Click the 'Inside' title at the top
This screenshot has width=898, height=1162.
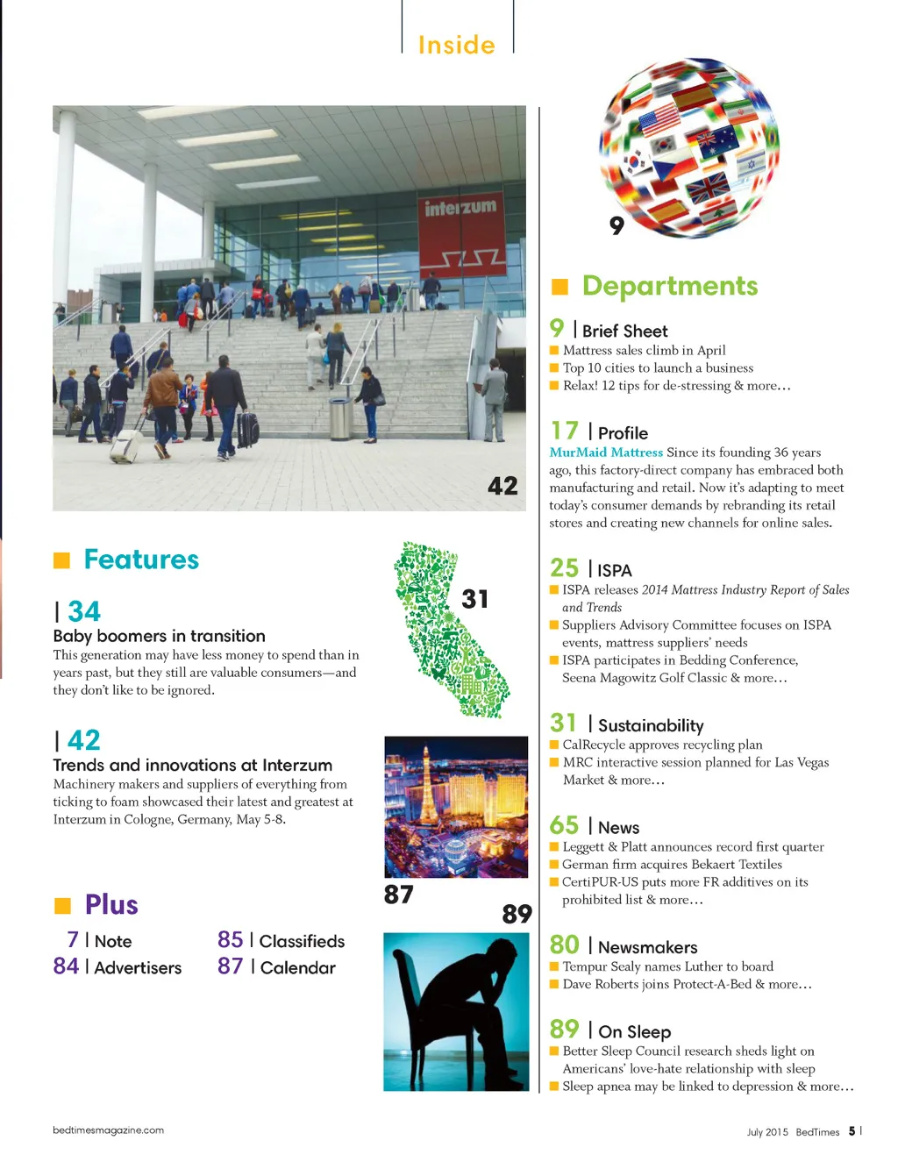pos(456,45)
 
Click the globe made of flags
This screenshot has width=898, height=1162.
pos(689,146)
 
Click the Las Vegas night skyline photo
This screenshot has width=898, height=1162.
pos(456,806)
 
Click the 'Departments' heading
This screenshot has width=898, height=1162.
pos(670,286)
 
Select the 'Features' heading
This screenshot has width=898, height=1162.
pos(141,560)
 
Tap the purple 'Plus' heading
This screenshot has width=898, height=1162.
pos(111,904)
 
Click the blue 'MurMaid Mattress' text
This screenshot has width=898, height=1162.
pos(606,453)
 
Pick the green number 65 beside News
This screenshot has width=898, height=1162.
pos(564,825)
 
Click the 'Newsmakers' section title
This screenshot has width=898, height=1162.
pos(647,947)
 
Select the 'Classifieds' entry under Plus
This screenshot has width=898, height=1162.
pos(302,941)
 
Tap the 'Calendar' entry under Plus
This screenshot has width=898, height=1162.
pos(297,967)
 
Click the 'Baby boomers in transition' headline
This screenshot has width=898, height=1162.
pos(159,636)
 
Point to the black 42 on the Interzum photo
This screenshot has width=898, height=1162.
pos(502,486)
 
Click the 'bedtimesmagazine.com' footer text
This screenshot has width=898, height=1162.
pos(108,1130)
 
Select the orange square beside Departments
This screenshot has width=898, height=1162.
pos(559,287)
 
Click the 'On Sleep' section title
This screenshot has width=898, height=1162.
pos(634,1032)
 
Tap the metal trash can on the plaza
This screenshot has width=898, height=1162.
pos(339,418)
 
